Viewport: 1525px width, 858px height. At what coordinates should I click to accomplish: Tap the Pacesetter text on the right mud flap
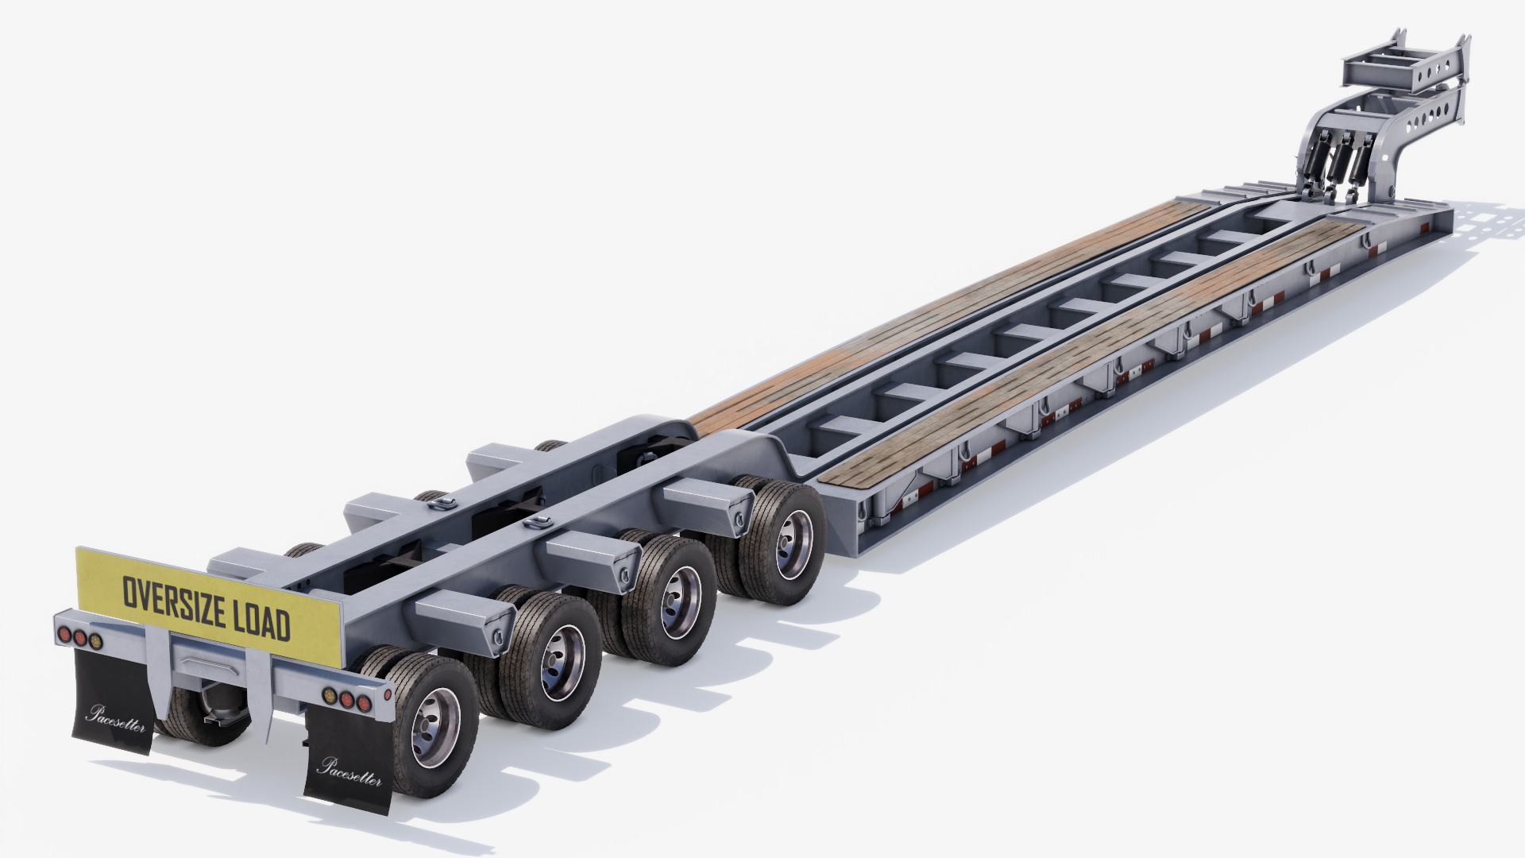tap(349, 770)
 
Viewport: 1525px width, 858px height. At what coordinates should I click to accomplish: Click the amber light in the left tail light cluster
tap(96, 640)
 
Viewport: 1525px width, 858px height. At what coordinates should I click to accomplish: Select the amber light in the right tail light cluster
tap(327, 696)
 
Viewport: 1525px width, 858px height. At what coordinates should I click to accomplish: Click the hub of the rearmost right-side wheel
tap(435, 727)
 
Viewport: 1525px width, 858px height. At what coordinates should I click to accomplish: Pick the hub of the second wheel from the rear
tap(563, 661)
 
